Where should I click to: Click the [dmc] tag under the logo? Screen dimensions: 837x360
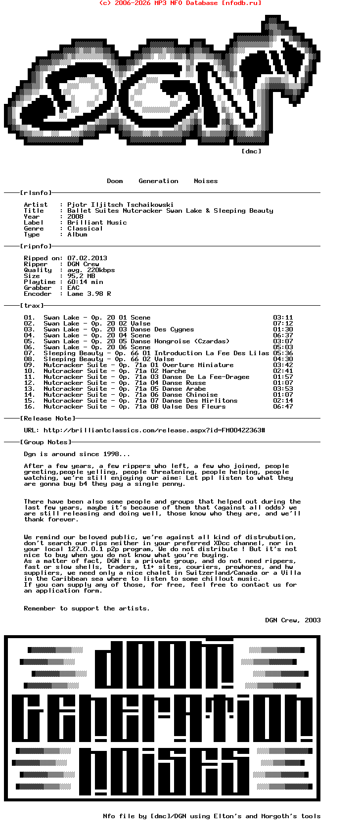(251, 151)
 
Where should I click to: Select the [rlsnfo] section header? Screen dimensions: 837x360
(36, 192)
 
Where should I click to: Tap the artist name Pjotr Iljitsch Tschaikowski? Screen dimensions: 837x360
(120, 204)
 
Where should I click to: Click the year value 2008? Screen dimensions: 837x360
(75, 216)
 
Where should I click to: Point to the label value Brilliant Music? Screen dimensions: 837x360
(97, 222)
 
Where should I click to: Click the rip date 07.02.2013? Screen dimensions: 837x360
(87, 258)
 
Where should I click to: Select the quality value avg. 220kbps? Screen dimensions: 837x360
(91, 270)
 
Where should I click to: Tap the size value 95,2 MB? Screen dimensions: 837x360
(81, 276)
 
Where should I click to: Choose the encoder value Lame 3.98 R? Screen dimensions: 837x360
(89, 293)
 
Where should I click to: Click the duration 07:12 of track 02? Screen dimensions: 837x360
(283, 323)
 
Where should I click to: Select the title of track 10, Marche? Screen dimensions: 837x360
(175, 371)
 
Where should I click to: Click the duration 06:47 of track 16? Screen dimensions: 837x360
(283, 406)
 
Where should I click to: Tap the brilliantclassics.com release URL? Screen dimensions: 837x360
(154, 430)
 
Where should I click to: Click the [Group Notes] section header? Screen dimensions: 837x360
(45, 442)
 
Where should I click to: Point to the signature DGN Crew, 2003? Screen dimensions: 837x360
(293, 620)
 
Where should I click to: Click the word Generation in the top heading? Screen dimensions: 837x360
(158, 181)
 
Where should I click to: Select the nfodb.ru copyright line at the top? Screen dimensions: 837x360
(180, 3)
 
